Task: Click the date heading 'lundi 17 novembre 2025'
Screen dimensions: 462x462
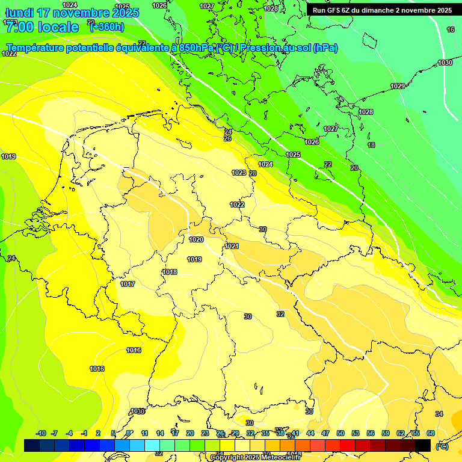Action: (72, 13)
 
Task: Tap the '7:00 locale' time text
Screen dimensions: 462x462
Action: (42, 27)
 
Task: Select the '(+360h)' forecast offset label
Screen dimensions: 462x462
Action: (106, 26)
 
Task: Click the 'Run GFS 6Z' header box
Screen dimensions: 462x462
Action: (382, 10)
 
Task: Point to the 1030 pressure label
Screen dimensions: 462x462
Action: (445, 63)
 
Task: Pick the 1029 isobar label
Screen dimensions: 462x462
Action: (398, 87)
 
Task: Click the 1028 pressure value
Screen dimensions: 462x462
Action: (366, 112)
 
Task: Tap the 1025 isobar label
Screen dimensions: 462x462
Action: (293, 155)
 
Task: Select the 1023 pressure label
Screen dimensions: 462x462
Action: (239, 173)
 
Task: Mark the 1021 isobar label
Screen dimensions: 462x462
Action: (232, 246)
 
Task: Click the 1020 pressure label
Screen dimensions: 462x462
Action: (196, 239)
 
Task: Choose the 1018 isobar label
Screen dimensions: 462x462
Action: (170, 273)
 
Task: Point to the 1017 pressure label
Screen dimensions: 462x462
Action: (128, 285)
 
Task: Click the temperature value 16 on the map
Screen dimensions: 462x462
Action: (451, 29)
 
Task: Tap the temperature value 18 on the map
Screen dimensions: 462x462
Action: (371, 145)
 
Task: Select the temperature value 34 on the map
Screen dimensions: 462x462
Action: (439, 414)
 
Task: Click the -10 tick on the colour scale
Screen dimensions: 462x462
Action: (42, 434)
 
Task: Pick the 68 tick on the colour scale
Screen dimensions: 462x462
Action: (431, 434)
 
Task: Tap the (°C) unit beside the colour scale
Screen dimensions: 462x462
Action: (442, 446)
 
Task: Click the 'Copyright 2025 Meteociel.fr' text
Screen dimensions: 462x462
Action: (255, 458)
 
